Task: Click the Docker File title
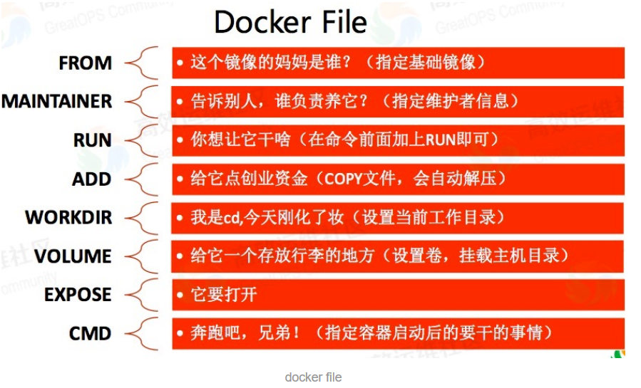290,22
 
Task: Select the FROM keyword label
85,63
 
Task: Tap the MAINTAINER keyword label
56,102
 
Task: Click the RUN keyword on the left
92,140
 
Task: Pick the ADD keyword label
91,179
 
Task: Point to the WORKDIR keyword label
68,217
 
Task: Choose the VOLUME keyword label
73,256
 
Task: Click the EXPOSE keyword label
78,294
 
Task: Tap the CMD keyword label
90,332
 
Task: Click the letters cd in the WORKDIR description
232,217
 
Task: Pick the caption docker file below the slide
313,377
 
